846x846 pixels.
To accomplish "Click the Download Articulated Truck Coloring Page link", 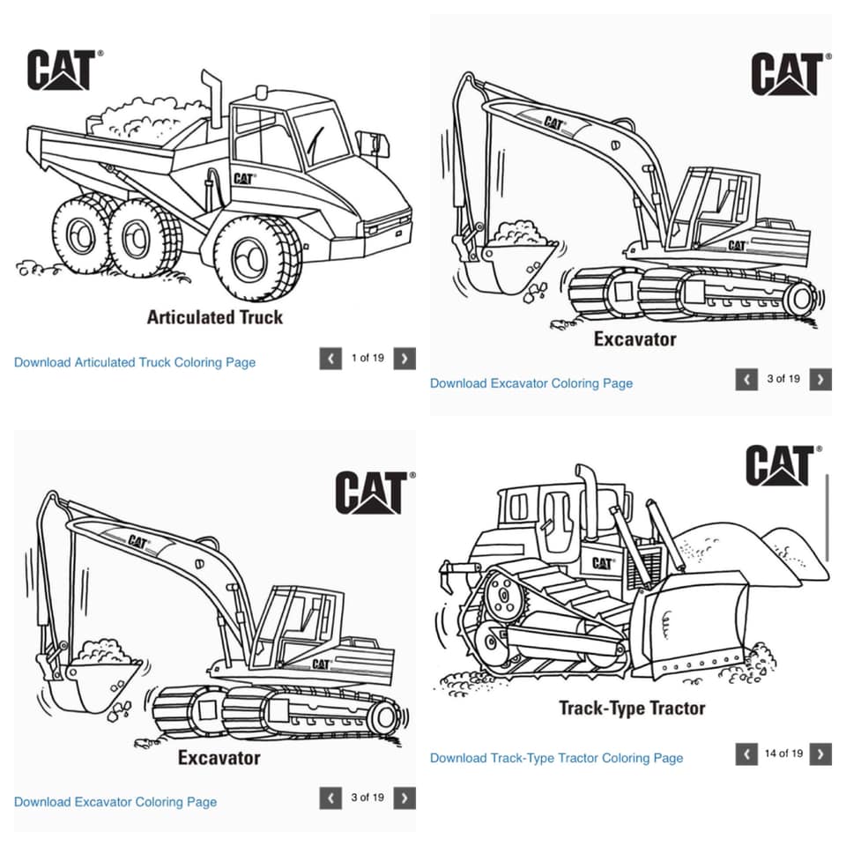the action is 135,362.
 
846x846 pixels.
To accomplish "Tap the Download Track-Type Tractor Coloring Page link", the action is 556,758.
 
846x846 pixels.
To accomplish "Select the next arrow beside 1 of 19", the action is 404,359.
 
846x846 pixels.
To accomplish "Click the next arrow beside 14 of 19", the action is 820,753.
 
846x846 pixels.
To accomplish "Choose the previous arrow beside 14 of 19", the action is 746,753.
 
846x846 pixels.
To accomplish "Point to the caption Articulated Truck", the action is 215,316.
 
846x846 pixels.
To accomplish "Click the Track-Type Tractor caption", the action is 632,708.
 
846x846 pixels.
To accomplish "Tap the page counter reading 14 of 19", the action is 784,753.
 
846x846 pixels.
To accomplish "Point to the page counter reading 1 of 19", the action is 367,358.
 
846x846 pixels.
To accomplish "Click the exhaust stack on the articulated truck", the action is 212,98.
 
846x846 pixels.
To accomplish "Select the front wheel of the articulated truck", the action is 258,258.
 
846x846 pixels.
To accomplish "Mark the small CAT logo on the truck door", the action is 244,178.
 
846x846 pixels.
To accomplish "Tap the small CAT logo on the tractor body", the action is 603,563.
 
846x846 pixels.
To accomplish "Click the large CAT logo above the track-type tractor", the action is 782,465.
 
